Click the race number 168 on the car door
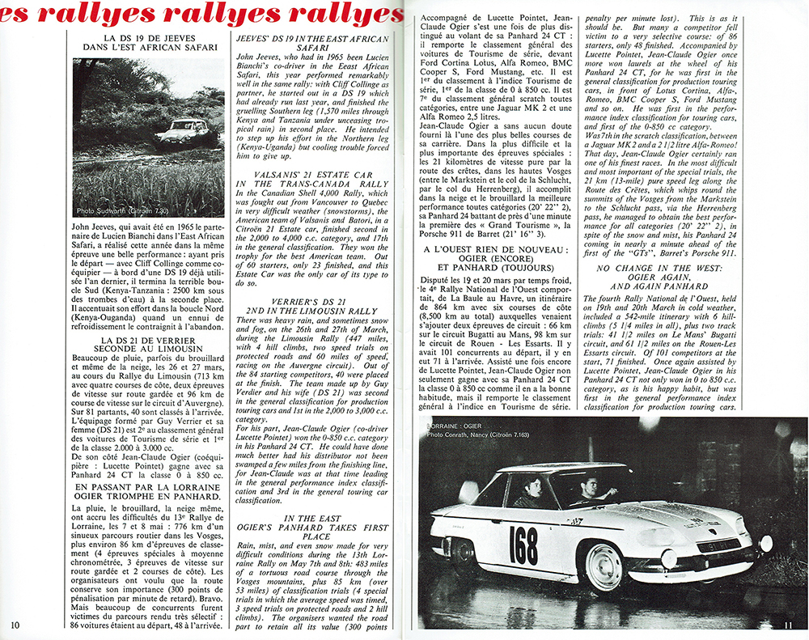[x=523, y=546]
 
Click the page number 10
[x=16, y=624]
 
